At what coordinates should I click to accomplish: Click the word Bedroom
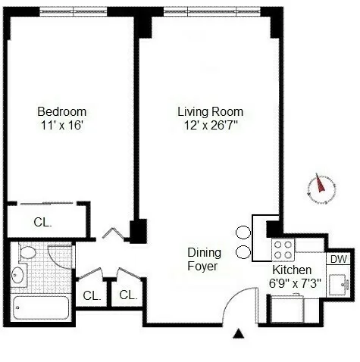[62, 111]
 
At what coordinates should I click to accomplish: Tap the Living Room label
[210, 111]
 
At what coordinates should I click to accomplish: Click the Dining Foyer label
[204, 260]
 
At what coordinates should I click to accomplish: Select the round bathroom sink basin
[19, 277]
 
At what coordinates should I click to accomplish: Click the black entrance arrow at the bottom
[239, 333]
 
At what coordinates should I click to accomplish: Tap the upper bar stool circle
[243, 233]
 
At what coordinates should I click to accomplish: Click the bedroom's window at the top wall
[72, 11]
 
